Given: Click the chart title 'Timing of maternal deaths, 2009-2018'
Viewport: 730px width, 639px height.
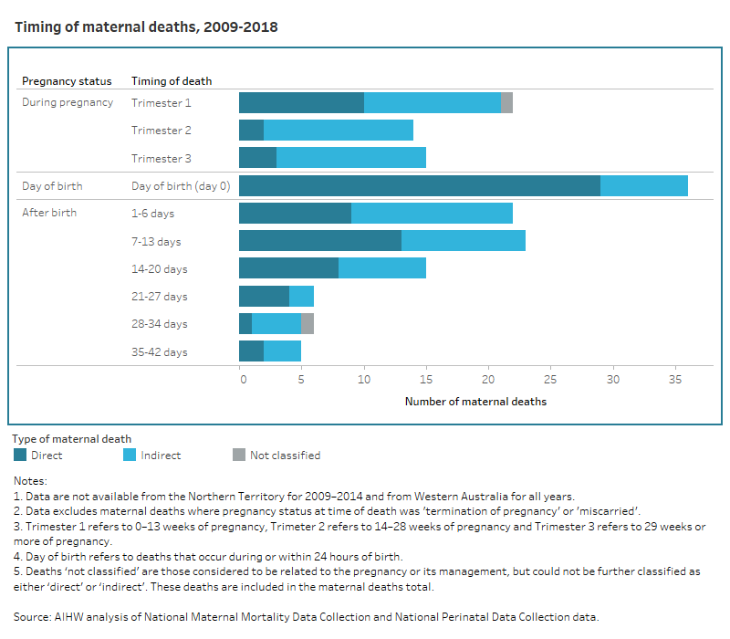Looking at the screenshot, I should tap(146, 27).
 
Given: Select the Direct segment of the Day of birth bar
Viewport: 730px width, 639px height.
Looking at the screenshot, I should tap(420, 185).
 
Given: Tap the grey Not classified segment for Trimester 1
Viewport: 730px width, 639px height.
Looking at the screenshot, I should tap(507, 102).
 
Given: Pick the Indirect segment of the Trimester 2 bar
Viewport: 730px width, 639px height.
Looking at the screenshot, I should tap(339, 130).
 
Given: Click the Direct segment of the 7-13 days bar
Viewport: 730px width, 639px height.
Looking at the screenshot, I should tap(320, 241).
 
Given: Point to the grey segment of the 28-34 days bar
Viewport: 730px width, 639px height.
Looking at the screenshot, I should tap(308, 323).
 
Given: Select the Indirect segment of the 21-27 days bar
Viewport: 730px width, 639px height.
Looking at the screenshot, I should tap(302, 296).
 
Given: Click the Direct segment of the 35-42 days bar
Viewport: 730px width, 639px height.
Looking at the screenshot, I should tap(251, 351).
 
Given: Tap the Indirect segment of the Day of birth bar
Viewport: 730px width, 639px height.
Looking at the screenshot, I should tap(644, 185).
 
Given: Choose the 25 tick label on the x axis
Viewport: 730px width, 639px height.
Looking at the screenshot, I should tap(550, 379).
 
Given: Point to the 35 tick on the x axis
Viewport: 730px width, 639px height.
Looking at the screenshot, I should tap(674, 379).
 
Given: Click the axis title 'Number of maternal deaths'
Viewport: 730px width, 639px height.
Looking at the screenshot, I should tap(475, 401).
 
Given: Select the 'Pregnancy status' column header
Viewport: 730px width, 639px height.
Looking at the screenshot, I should tap(67, 81).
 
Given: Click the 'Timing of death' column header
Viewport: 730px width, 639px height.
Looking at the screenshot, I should tap(172, 81).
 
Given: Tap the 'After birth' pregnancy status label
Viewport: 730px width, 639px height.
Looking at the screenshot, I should tap(49, 214).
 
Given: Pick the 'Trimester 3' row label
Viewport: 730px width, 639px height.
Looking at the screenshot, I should tap(162, 158).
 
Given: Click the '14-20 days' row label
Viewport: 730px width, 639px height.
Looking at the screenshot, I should tap(159, 268).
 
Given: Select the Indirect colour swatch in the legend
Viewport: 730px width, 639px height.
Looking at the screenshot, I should tap(129, 455).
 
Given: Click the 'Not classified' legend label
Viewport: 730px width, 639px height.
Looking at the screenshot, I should tap(285, 455).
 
